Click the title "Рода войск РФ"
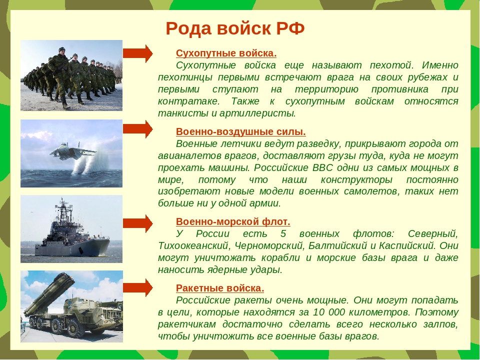click(235, 28)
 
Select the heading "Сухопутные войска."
click(226, 53)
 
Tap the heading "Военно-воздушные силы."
click(241, 131)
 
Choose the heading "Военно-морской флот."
click(233, 221)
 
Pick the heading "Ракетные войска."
click(220, 288)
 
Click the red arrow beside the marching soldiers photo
click(138, 53)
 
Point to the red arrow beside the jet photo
click(138, 129)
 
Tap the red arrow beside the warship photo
click(138, 223)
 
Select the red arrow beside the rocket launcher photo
click(138, 287)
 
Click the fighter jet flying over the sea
click(73, 150)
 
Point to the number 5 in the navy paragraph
click(283, 234)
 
